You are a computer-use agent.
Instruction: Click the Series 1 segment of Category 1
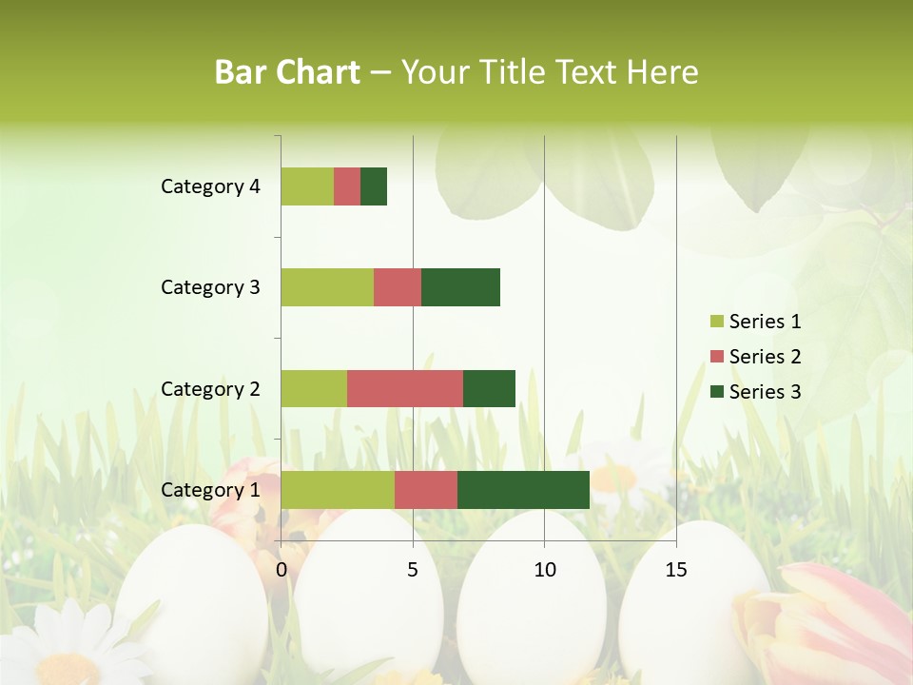point(338,489)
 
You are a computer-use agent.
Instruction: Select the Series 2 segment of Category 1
point(426,489)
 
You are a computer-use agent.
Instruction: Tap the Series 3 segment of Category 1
point(523,489)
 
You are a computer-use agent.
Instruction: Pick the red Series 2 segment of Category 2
point(405,388)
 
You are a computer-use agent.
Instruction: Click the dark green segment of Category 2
point(489,388)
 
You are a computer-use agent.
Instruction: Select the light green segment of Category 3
point(327,287)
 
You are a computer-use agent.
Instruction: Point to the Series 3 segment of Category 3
point(460,287)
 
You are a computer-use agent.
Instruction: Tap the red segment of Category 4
point(347,186)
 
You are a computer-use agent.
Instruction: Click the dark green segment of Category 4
point(374,186)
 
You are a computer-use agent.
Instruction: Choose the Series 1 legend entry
point(755,322)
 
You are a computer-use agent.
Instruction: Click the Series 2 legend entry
point(755,357)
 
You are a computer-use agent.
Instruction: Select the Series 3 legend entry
point(755,392)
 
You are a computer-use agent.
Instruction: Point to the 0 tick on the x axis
point(282,570)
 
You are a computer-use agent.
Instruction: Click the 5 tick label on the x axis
point(413,570)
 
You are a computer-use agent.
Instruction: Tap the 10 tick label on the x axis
point(544,570)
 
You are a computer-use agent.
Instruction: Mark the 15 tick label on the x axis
point(675,570)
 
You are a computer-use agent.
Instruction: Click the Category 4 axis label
point(210,186)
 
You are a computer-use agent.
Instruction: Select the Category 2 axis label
point(210,388)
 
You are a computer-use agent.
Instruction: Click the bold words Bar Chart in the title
point(287,72)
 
